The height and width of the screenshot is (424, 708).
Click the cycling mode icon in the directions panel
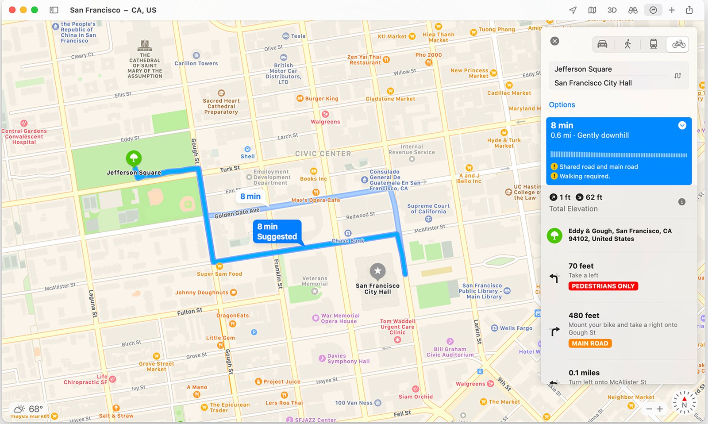click(678, 44)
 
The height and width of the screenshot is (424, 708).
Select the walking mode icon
click(627, 44)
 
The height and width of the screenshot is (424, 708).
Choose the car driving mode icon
click(602, 44)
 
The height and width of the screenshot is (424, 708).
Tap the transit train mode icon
click(653, 44)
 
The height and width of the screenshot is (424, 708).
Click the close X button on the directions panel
click(554, 41)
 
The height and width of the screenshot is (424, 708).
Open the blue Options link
click(562, 105)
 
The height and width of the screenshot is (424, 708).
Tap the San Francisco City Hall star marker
click(377, 270)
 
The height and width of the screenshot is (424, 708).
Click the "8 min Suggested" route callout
click(277, 231)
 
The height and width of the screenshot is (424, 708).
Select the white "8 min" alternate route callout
click(250, 197)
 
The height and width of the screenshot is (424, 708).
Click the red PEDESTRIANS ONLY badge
click(603, 286)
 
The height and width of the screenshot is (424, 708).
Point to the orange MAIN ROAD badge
click(590, 343)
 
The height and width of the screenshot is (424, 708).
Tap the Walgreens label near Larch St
click(325, 122)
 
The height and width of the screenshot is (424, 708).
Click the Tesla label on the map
click(298, 36)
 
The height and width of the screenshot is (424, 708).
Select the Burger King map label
click(321, 99)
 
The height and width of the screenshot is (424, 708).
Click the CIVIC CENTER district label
click(323, 154)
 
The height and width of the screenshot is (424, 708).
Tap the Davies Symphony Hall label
click(348, 358)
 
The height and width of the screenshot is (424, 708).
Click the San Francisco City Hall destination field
click(593, 83)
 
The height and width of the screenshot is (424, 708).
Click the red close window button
click(12, 10)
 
